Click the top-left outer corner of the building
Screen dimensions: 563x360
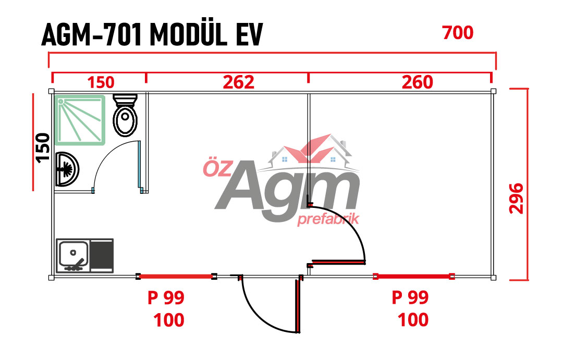(49, 89)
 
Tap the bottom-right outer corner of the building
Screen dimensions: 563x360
(496, 280)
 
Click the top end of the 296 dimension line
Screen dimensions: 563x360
(528, 89)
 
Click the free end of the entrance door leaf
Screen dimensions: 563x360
(298, 332)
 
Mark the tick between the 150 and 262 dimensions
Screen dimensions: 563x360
(146, 78)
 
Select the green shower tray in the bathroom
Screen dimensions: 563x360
(81, 120)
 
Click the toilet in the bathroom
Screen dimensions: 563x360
(125, 115)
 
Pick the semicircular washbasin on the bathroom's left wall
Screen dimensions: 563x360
(67, 169)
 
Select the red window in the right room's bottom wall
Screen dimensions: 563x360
(414, 276)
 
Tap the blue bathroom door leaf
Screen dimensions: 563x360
(139, 165)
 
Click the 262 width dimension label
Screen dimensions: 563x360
(238, 82)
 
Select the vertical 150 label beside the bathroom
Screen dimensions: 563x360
(43, 147)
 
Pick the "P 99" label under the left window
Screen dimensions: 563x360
(166, 297)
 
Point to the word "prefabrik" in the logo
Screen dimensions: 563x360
(328, 219)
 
